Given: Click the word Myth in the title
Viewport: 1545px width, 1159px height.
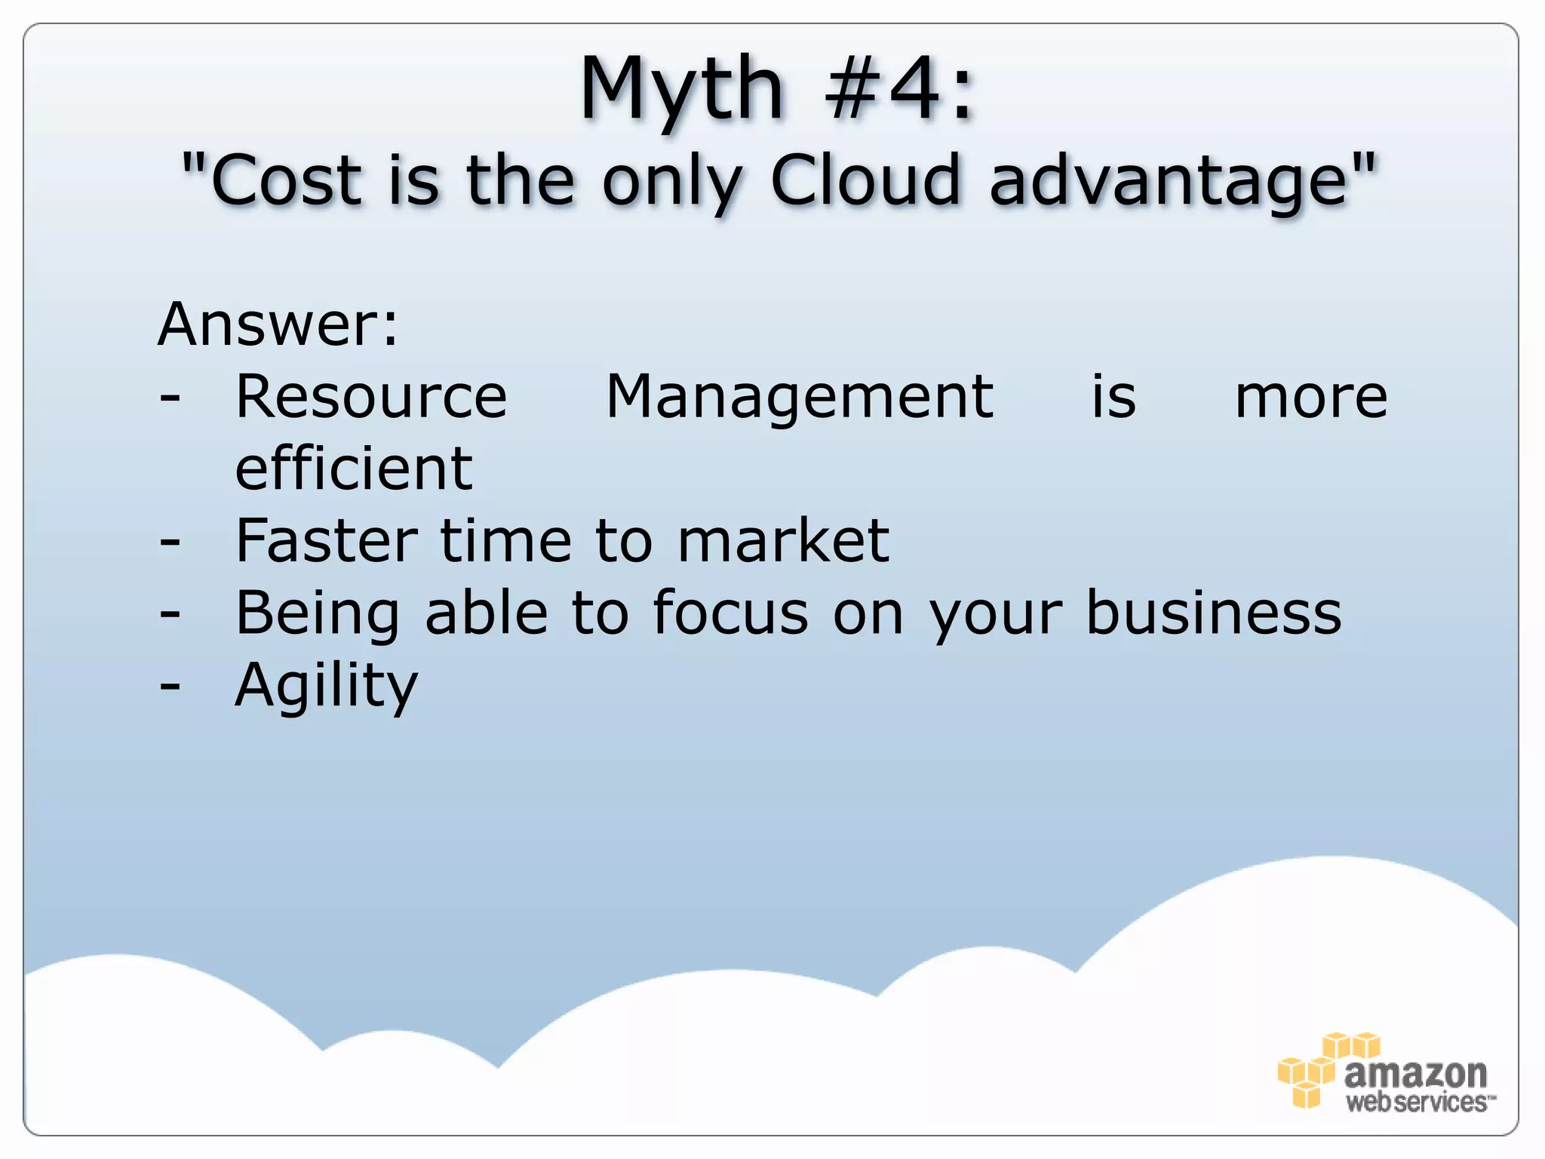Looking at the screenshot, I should click(681, 91).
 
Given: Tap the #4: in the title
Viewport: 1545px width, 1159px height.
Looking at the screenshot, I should click(899, 91).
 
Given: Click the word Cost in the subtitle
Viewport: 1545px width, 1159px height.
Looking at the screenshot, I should click(286, 181).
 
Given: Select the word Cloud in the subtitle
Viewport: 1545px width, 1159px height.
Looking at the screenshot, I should click(865, 181).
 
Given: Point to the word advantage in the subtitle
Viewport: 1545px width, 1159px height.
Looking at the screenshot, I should click(1169, 181).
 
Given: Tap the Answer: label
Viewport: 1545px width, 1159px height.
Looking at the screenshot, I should click(278, 324).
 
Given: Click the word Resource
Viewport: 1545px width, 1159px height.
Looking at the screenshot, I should click(371, 397).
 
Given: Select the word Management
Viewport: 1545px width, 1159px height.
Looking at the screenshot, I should click(800, 397).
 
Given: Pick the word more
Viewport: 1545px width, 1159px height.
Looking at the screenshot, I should click(1311, 397).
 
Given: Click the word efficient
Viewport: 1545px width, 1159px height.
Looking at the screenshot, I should click(354, 468).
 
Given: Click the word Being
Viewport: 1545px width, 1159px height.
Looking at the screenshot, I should click(318, 613).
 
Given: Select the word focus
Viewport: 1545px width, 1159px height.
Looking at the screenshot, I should click(730, 613).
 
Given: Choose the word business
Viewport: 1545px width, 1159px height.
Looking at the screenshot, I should click(1214, 613).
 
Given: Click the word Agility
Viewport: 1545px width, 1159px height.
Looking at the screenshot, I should click(326, 685).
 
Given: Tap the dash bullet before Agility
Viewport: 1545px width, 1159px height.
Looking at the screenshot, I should click(170, 685).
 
